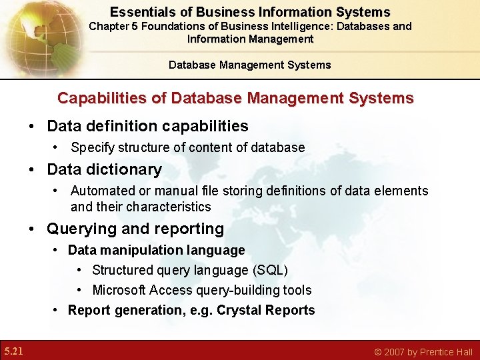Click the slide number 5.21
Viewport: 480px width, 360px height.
[x=13, y=351]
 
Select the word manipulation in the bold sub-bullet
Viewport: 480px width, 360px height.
[x=133, y=250]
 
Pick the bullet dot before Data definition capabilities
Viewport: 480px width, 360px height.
[x=31, y=127]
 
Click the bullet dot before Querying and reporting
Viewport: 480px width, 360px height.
[x=31, y=229]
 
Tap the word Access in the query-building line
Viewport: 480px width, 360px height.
[x=171, y=290]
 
